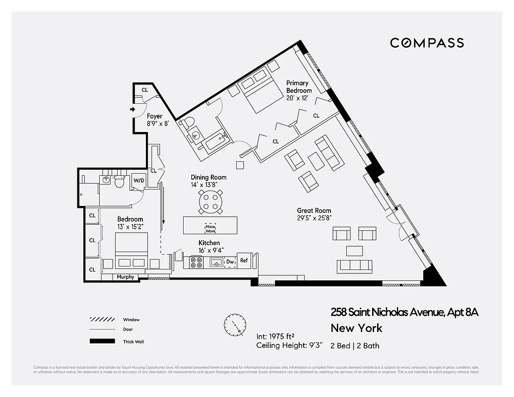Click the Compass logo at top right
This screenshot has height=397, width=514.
[x=427, y=43]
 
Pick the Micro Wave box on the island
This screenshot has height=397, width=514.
[x=210, y=228]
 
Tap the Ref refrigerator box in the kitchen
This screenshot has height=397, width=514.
[x=244, y=261]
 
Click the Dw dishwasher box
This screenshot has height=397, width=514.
[x=230, y=262]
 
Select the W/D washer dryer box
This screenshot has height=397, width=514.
[x=137, y=181]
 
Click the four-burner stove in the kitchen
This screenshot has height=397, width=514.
[x=196, y=262]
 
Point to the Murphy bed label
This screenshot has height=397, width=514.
[x=126, y=277]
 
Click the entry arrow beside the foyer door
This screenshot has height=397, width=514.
[x=132, y=109]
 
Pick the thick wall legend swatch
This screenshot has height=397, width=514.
[x=99, y=341]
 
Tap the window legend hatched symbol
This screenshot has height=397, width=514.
[x=99, y=320]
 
